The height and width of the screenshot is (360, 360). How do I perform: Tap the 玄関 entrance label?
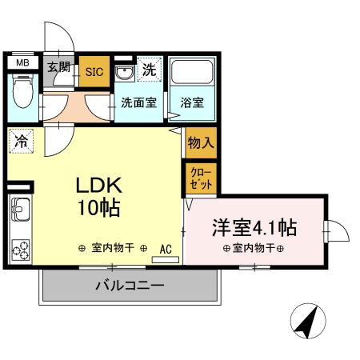[x=58, y=67]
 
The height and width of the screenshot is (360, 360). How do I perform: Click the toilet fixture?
[x=22, y=94]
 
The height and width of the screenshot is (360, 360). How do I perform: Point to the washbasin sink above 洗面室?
[x=125, y=73]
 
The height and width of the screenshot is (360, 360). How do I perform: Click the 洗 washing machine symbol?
[x=149, y=69]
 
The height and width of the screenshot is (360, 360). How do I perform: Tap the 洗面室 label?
[x=138, y=103]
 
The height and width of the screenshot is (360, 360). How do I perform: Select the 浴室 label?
[x=190, y=103]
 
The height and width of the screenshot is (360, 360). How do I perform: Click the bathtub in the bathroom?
[x=190, y=75]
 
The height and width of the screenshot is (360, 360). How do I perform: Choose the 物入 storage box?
[x=199, y=144]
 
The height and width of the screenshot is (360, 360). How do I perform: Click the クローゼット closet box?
[x=199, y=178]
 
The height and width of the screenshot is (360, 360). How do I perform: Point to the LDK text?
[x=98, y=186]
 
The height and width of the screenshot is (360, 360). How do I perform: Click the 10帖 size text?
[x=98, y=210]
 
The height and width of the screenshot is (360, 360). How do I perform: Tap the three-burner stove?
[x=21, y=249]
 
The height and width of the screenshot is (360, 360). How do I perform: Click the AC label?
[x=166, y=248]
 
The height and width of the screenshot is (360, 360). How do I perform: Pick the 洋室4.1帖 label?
[x=254, y=228]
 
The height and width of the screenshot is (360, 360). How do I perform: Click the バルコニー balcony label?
[x=130, y=285]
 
